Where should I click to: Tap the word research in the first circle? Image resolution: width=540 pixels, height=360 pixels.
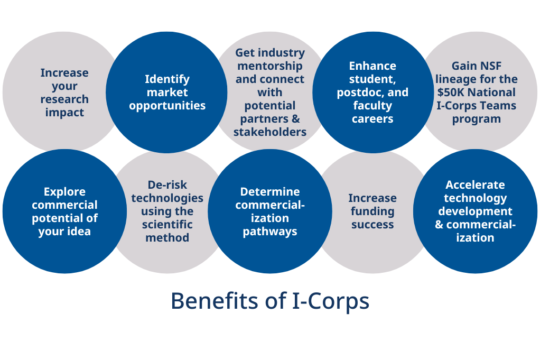point(64,99)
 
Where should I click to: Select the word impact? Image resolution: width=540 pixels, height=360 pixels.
point(64,113)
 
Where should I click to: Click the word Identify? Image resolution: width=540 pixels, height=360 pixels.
point(167,79)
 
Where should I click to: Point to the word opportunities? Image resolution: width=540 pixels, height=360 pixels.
point(167,106)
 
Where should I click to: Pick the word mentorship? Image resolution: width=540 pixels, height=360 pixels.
point(269,66)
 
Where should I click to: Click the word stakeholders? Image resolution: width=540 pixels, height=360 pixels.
point(269,132)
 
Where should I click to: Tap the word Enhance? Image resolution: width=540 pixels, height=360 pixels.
point(373,66)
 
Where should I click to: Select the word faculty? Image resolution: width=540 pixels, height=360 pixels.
point(373,106)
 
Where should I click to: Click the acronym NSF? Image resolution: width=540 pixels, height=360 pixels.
point(491,66)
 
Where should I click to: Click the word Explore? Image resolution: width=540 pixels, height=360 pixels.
point(64,192)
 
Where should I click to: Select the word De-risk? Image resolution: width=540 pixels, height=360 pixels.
point(167,185)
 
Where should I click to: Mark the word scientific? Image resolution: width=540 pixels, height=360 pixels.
point(167,225)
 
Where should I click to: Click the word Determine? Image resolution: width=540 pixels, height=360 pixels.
point(269,192)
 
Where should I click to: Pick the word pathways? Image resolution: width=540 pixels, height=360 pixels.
point(269,232)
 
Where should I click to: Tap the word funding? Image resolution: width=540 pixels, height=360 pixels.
point(373,211)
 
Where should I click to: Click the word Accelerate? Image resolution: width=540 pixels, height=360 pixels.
point(475,185)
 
